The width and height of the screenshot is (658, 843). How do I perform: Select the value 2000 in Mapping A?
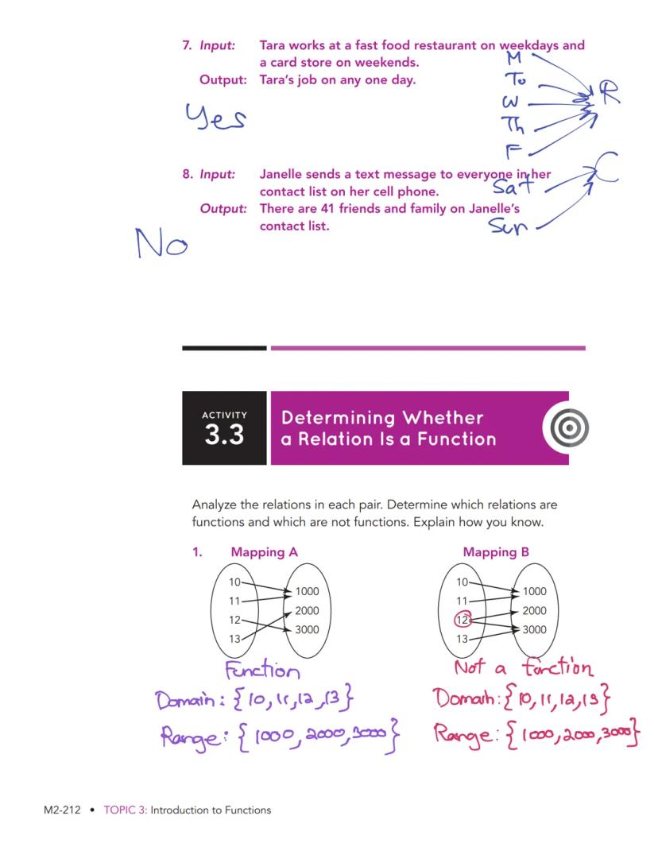(307, 610)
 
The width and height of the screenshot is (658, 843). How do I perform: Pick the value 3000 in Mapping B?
(534, 629)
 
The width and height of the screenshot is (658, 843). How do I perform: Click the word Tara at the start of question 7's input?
(273, 45)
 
